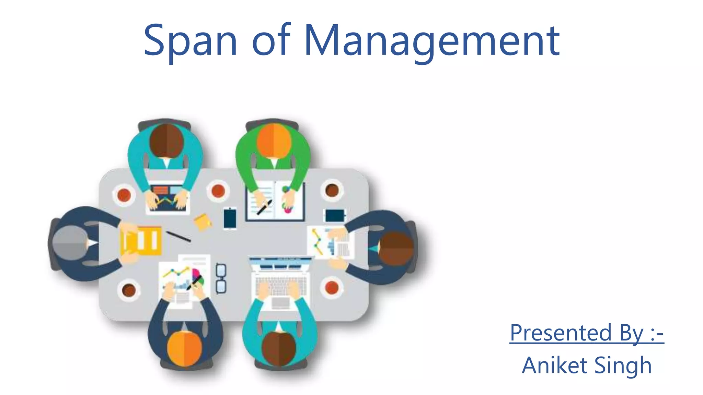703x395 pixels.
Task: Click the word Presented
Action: pos(561,333)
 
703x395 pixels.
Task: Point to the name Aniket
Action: pos(554,365)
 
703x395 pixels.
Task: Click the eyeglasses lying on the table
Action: pos(221,278)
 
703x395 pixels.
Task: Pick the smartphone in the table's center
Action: pos(230,218)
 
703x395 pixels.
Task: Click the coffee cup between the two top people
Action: pos(218,191)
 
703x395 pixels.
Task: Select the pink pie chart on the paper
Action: pos(196,275)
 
